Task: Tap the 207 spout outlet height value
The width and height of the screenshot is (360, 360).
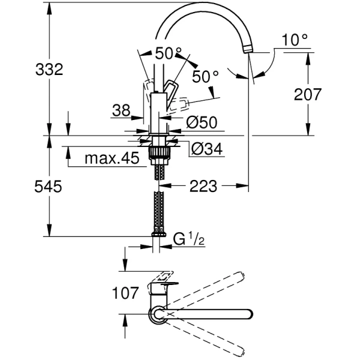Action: pyautogui.click(x=309, y=94)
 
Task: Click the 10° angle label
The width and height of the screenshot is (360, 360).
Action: pyautogui.click(x=295, y=40)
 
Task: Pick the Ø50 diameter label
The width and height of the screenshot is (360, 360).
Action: pyautogui.click(x=201, y=122)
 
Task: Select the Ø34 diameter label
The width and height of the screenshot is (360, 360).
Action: pyautogui.click(x=206, y=148)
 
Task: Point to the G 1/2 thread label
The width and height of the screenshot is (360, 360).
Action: pyautogui.click(x=189, y=239)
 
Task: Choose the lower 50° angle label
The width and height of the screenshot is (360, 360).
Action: pyautogui.click(x=206, y=77)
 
